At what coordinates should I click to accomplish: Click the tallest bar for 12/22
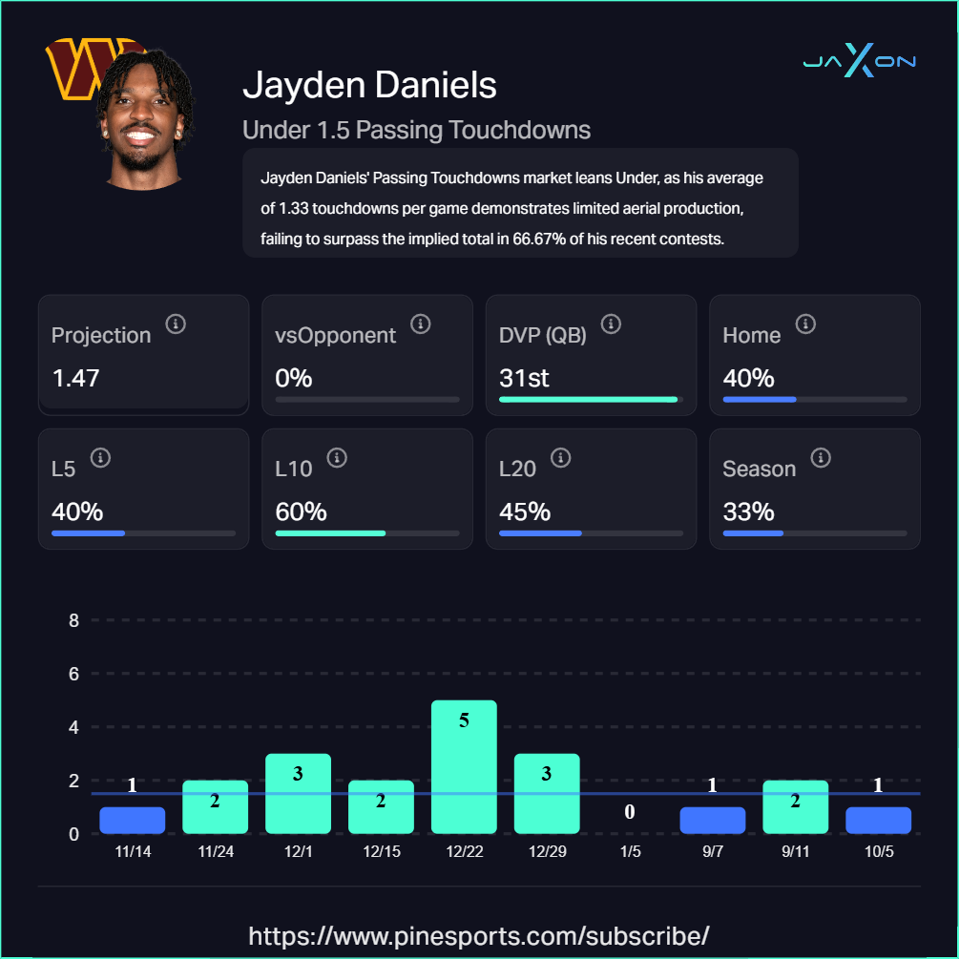click(x=464, y=767)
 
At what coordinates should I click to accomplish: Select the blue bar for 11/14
click(x=133, y=821)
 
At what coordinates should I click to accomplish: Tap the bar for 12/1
click(x=298, y=794)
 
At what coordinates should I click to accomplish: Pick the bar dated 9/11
click(x=795, y=807)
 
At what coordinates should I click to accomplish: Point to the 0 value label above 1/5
click(x=630, y=812)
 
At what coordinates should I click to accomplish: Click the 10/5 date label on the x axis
click(x=878, y=851)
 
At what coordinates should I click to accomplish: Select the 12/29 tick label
click(x=547, y=851)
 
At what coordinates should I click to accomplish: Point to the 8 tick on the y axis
click(x=73, y=620)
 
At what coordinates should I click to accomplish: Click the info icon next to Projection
click(x=176, y=324)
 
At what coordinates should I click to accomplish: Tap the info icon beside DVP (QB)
click(x=611, y=324)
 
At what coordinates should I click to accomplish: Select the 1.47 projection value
click(x=75, y=378)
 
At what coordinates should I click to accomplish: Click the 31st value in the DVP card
click(x=524, y=378)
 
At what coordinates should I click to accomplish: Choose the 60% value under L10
click(x=301, y=511)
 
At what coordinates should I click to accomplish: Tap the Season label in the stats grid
click(x=759, y=470)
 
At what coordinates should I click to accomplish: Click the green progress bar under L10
click(x=330, y=532)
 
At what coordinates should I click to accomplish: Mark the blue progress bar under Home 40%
click(x=760, y=399)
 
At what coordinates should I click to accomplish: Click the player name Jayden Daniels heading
click(x=369, y=85)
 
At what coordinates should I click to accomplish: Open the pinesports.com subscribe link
click(x=479, y=934)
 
